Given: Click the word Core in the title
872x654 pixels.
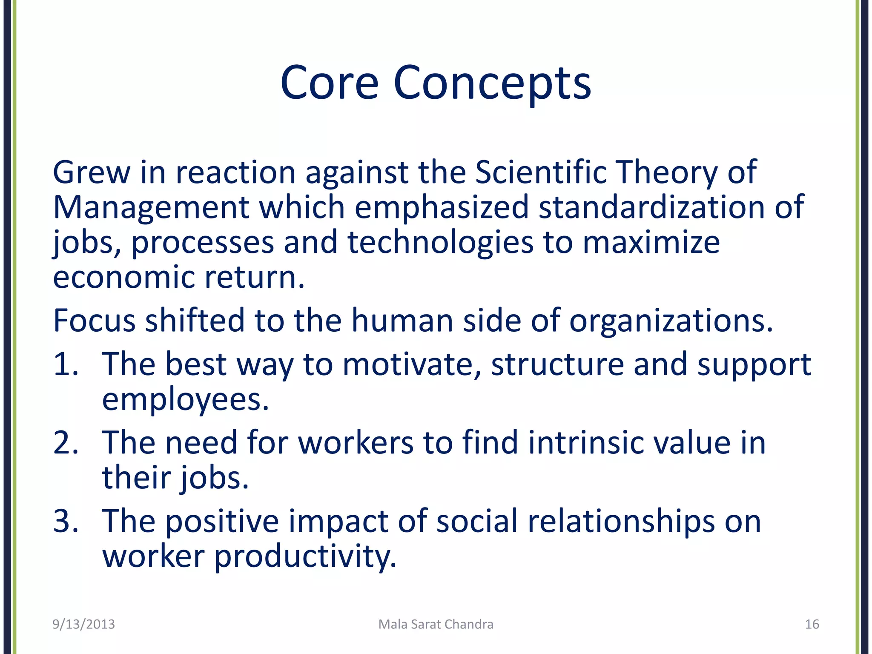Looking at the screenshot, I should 329,83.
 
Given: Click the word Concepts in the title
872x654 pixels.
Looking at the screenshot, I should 492,83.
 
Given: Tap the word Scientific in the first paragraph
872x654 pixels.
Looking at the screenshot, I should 541,172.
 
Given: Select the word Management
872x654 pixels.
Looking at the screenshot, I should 151,208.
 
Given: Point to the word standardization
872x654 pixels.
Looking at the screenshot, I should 651,208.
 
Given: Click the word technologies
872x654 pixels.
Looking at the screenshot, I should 440,243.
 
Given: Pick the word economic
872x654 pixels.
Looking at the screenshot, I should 123,278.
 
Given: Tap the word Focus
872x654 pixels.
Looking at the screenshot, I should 94,321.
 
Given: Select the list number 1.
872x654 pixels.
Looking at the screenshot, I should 65,365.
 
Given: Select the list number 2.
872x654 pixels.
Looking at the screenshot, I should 65,443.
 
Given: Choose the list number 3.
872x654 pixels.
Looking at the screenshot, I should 65,521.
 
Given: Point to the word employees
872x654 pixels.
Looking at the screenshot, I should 185,400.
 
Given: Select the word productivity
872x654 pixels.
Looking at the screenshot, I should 305,557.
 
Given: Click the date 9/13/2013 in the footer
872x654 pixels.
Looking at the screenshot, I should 83,624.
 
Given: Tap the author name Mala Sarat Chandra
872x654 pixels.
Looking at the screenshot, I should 436,624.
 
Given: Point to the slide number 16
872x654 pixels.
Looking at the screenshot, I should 812,624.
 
